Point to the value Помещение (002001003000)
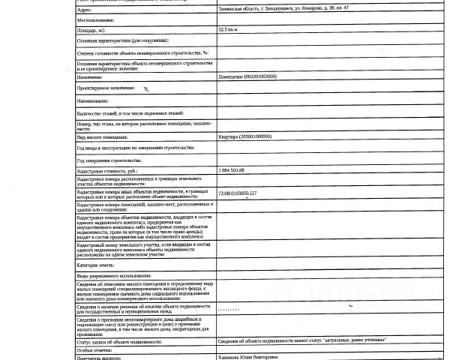250,76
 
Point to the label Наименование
93,100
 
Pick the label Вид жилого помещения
102,136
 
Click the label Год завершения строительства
109,160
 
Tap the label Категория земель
97,265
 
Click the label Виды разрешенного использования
114,277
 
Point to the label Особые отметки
94,349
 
